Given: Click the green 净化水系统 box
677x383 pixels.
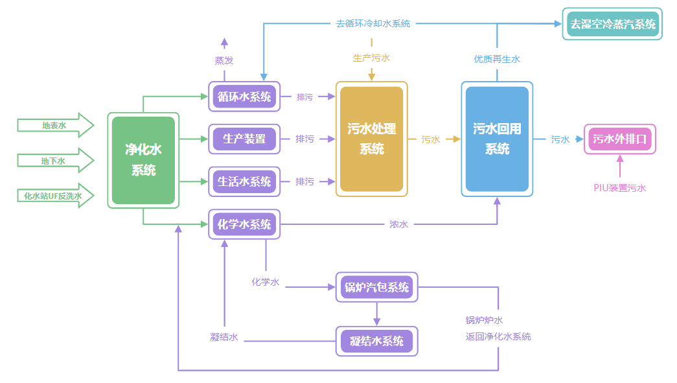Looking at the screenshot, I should click(143, 160).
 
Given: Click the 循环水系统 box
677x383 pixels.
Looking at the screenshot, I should click(244, 97).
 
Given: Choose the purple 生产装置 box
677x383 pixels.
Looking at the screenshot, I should click(244, 139).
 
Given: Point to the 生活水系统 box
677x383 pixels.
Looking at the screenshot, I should click(244, 181).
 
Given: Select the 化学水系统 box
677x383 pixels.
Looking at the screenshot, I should click(244, 224).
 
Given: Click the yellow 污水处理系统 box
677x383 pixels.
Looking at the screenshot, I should click(371, 139).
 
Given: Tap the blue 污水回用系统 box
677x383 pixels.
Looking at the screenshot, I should click(497, 139).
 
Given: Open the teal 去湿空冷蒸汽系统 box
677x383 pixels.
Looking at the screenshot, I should click(612, 25).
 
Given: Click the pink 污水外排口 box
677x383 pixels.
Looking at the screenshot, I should click(620, 139).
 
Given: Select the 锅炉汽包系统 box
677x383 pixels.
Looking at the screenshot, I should click(376, 287).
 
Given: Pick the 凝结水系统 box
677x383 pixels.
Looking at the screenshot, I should click(376, 341).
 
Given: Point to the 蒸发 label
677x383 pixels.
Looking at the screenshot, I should click(224, 60).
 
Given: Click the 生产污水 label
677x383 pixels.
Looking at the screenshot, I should click(371, 58).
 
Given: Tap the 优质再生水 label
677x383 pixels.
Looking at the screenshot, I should click(497, 59).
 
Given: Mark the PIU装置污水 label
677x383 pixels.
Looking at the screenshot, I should click(620, 188).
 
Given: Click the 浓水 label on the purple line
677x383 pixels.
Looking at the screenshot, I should click(398, 224).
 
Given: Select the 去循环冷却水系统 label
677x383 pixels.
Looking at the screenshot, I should click(373, 23).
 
